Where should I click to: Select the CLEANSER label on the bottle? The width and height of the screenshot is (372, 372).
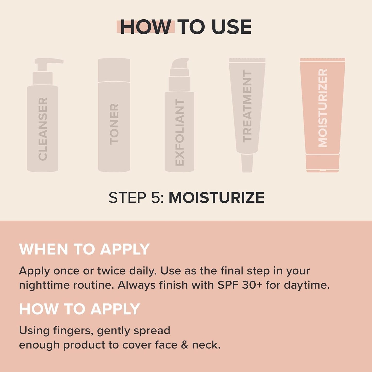pos(43,129)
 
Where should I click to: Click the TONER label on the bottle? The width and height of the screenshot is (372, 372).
pos(114,124)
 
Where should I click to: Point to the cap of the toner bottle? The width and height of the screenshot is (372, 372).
pos(114,70)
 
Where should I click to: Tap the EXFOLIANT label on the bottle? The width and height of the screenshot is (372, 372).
pos(179,132)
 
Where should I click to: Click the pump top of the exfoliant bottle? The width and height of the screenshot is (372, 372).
pos(180,64)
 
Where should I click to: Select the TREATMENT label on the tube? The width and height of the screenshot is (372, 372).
pos(247,106)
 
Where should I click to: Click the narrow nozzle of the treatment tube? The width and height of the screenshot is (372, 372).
pos(247,163)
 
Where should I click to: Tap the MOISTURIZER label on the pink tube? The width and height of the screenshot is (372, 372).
pos(323,108)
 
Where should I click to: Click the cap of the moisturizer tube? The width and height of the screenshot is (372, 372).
pos(323,163)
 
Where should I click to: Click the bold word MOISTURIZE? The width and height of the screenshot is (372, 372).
pos(216,198)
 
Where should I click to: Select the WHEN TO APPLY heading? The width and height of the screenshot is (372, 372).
pos(84,249)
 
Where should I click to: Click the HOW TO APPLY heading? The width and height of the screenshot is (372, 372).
pos(79,309)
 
